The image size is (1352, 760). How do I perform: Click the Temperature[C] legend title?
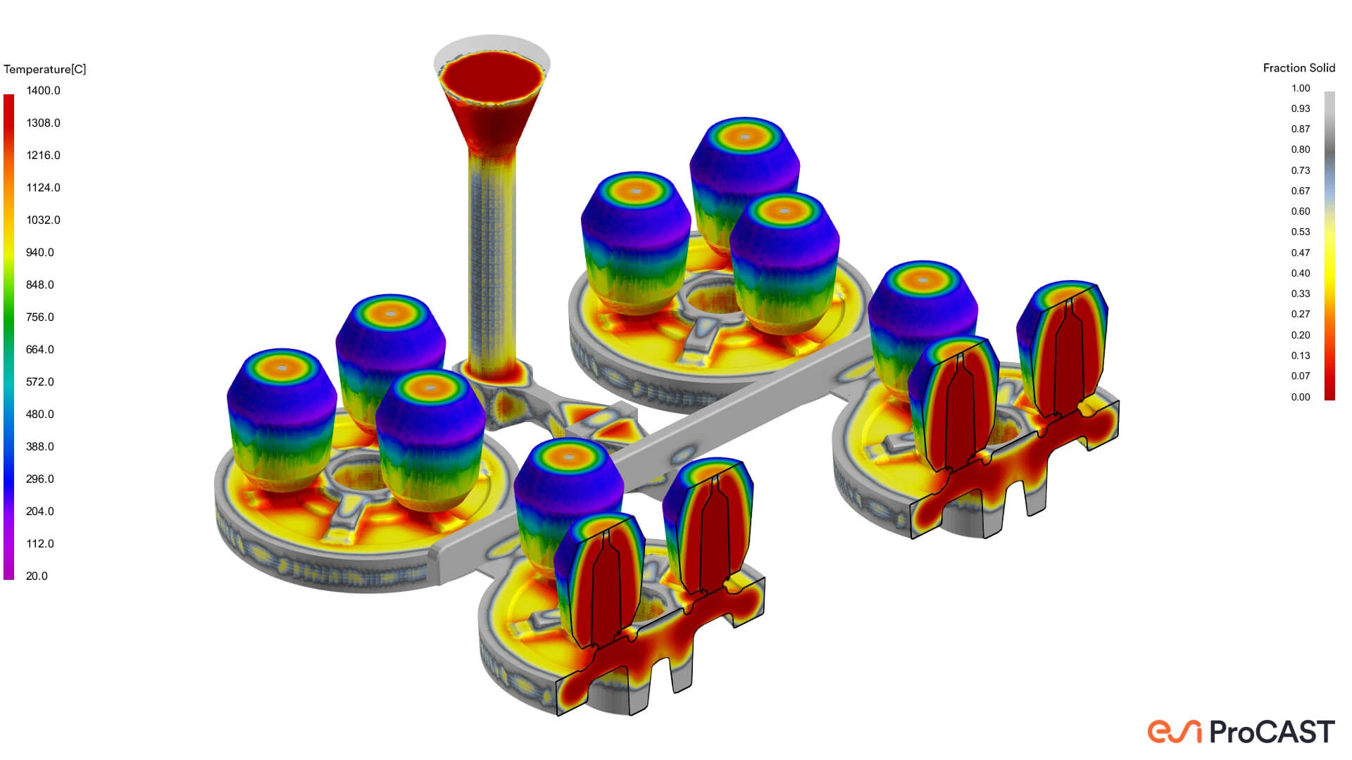pyautogui.click(x=44, y=69)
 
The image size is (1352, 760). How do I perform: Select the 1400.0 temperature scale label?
pyautogui.click(x=43, y=90)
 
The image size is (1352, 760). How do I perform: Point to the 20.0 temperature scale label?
pyautogui.click(x=37, y=576)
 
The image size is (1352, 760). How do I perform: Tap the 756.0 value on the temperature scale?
pyautogui.click(x=40, y=317)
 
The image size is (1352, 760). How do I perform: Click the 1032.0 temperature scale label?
pyautogui.click(x=43, y=220)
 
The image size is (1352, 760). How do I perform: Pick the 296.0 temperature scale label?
pyautogui.click(x=40, y=479)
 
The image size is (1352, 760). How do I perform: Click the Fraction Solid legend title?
pyautogui.click(x=1299, y=68)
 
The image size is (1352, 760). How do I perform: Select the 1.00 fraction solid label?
pyautogui.click(x=1301, y=88)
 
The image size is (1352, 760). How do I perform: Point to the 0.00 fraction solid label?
pyautogui.click(x=1301, y=397)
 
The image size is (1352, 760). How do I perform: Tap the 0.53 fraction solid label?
pyautogui.click(x=1301, y=232)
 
